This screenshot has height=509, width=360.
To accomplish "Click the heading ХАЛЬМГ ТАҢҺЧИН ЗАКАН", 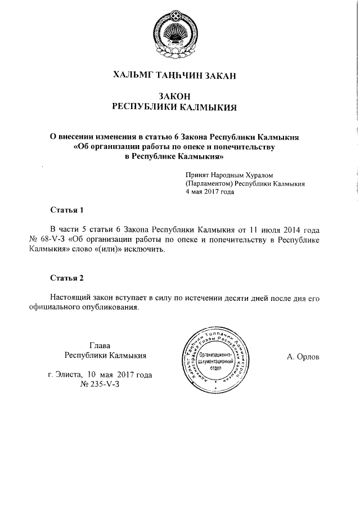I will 179,74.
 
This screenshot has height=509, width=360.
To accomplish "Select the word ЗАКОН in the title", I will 179,96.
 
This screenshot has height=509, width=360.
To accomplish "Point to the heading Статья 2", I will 67,278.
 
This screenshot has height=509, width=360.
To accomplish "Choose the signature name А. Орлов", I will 303,357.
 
